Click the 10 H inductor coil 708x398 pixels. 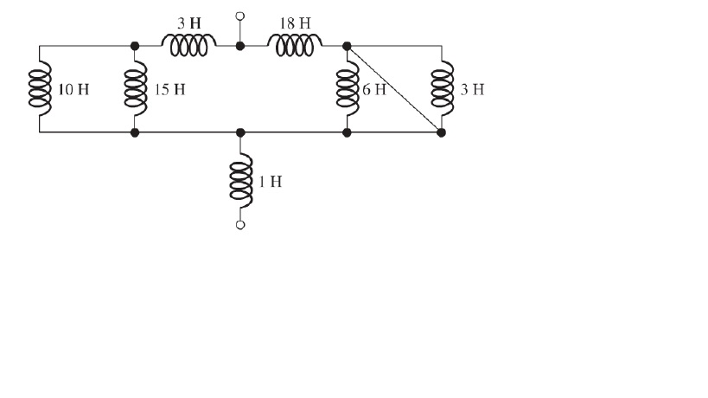(x=40, y=89)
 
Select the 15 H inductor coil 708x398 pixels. (x=135, y=89)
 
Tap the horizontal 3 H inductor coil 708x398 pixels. (x=188, y=47)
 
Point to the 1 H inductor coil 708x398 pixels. (x=241, y=181)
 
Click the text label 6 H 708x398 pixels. (x=373, y=90)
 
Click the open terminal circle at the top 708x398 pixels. (x=240, y=16)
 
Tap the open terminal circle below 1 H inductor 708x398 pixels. (x=241, y=225)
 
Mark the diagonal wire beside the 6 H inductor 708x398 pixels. (x=394, y=89)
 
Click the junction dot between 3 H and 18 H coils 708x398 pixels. (x=240, y=46)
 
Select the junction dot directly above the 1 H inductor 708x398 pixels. (x=241, y=133)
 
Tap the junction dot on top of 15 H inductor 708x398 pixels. (x=135, y=46)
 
